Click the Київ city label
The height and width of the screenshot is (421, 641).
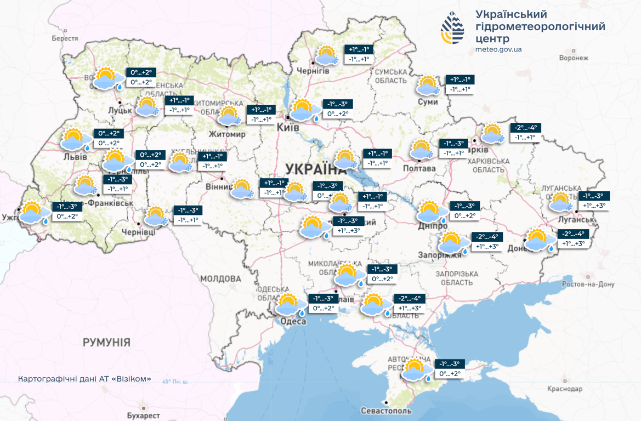click(289, 127)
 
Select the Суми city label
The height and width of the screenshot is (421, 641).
click(428, 102)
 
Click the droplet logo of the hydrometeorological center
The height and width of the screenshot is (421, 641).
click(453, 27)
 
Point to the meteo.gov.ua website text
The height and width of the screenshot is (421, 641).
click(498, 49)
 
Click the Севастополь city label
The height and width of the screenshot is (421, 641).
click(386, 411)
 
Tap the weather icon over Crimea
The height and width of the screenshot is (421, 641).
click(415, 370)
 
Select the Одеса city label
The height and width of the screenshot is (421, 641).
click(293, 321)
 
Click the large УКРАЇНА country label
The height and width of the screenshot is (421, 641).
click(316, 168)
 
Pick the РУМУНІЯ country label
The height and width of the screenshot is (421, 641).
click(107, 343)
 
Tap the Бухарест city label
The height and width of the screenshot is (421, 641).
click(143, 416)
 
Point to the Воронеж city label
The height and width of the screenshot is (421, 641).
click(574, 58)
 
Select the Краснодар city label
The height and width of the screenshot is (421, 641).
click(565, 389)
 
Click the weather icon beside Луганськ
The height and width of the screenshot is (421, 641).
click(561, 202)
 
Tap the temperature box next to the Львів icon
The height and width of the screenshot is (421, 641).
click(109, 138)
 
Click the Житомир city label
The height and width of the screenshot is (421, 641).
click(227, 134)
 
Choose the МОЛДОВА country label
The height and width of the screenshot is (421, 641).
click(220, 279)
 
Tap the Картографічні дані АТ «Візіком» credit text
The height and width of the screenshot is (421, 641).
click(84, 379)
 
